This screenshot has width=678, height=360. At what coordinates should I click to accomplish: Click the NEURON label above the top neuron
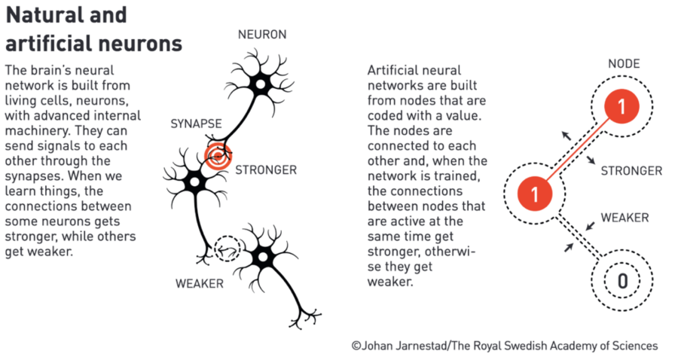coord(261,35)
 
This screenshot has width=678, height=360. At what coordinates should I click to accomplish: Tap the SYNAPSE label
coord(195,123)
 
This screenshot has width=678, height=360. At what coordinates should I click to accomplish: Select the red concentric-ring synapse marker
coord(217,156)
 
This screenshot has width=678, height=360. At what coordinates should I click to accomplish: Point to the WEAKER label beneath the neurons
coord(200,284)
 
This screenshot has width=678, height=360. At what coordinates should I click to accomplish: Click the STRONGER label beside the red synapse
coord(266,169)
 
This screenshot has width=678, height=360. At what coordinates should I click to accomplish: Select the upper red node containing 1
coord(621,108)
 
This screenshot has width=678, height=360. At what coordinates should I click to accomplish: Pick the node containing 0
coord(622,282)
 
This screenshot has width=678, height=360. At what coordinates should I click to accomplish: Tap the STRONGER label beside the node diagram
coord(631,171)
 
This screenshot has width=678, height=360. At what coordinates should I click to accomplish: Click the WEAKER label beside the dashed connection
coord(625,218)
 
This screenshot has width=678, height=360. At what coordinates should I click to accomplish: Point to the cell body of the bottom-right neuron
coord(262,257)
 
